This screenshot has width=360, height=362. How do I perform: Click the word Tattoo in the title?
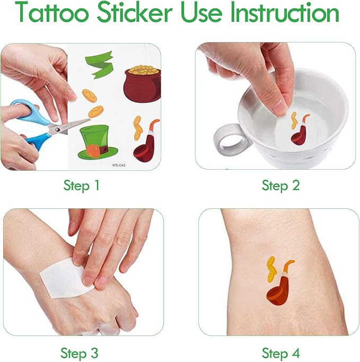coord(52,12)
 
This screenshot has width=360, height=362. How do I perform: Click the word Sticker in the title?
coord(135,12)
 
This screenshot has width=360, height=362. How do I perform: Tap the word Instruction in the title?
coord(285,12)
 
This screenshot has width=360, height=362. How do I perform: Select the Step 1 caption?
coord(81,186)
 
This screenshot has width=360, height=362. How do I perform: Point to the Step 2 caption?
coord(280,186)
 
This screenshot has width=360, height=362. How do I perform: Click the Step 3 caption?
coord(79,353)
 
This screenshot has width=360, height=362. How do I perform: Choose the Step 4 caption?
coord(280,353)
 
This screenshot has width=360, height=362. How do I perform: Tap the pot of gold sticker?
coord(142,84)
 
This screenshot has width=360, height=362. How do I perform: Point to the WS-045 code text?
coord(119,165)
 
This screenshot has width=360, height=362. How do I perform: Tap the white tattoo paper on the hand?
coord(66,279)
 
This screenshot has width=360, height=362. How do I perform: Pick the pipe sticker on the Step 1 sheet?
coord(146,142)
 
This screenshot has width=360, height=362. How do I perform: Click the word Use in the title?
coord(201,12)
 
